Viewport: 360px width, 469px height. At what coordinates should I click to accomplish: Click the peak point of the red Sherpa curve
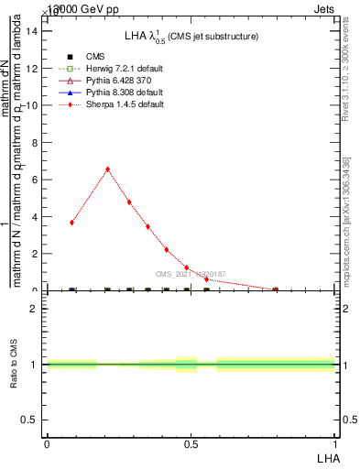pyautogui.click(x=108, y=169)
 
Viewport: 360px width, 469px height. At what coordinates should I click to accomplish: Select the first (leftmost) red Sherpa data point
pyautogui.click(x=72, y=223)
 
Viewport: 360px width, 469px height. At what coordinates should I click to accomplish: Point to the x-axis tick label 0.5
pyautogui.click(x=191, y=444)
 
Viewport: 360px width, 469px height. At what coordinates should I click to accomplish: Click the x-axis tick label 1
pyautogui.click(x=335, y=444)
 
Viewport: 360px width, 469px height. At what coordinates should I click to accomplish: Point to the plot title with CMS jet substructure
pyautogui.click(x=191, y=36)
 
